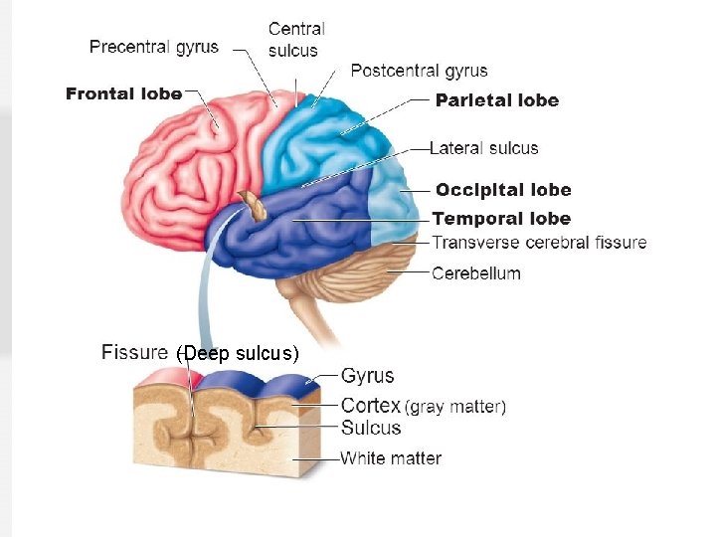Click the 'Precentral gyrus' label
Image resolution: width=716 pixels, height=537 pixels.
(x=154, y=47)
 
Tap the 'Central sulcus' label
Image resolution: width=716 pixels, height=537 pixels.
(x=296, y=40)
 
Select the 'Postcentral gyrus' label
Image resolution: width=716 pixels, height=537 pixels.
(x=419, y=71)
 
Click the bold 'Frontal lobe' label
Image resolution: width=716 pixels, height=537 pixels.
(x=124, y=94)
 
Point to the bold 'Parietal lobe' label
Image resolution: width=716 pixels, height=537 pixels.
(x=497, y=99)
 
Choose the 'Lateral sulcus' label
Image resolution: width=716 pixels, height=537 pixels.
(x=484, y=148)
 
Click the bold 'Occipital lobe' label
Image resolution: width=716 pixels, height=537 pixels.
(x=502, y=190)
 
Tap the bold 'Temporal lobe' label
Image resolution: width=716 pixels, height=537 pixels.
(x=501, y=219)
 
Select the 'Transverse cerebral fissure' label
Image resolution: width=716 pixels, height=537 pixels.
(x=539, y=242)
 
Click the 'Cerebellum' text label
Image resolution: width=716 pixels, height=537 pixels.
(x=476, y=272)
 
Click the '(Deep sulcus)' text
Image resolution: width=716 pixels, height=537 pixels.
(x=237, y=354)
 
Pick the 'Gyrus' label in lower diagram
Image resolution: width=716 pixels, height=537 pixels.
(x=368, y=376)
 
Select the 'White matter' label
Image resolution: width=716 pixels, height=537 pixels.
(x=391, y=458)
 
